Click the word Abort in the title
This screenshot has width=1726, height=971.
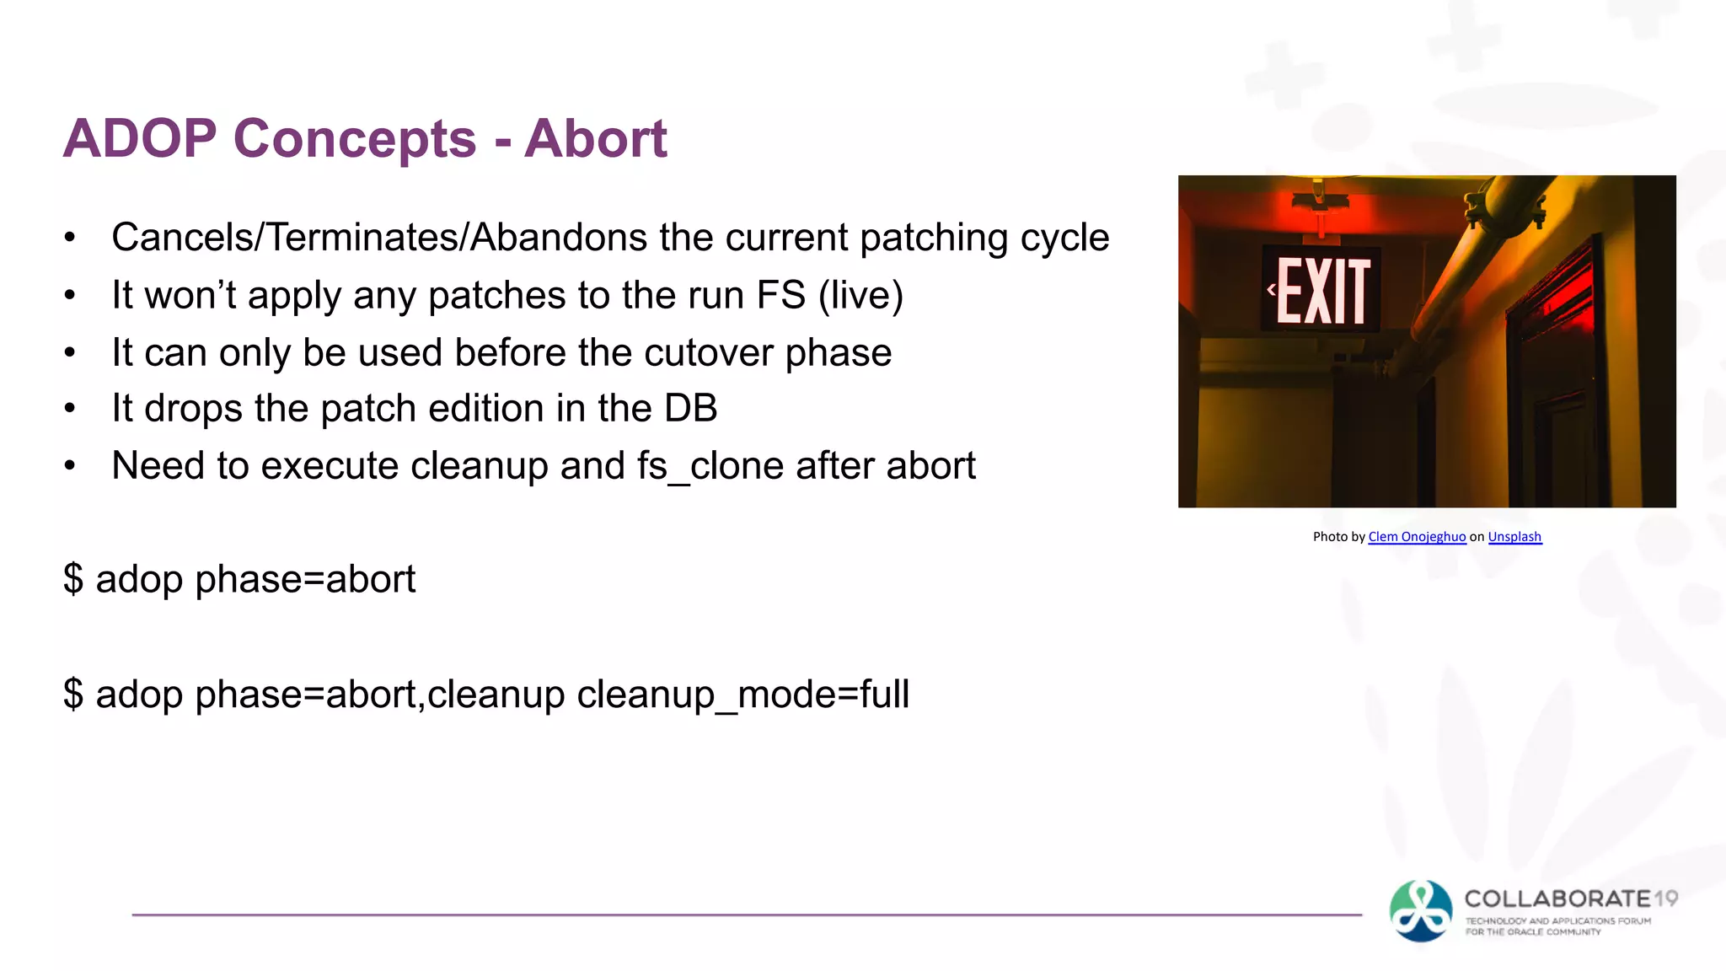(x=595, y=138)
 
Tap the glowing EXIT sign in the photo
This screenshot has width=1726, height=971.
(x=1321, y=291)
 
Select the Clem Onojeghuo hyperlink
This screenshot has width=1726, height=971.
(x=1417, y=537)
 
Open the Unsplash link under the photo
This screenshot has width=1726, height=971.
(x=1514, y=537)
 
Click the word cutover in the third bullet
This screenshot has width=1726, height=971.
(x=708, y=352)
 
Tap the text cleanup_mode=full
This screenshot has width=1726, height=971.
(x=742, y=695)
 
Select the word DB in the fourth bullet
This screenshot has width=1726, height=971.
(x=690, y=409)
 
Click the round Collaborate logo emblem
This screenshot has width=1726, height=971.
(x=1421, y=910)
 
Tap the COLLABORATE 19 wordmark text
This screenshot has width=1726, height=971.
(x=1570, y=899)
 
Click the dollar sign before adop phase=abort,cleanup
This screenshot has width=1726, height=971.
(x=73, y=695)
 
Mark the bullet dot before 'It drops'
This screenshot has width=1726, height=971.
(x=70, y=409)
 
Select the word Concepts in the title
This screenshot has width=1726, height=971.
(x=354, y=138)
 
